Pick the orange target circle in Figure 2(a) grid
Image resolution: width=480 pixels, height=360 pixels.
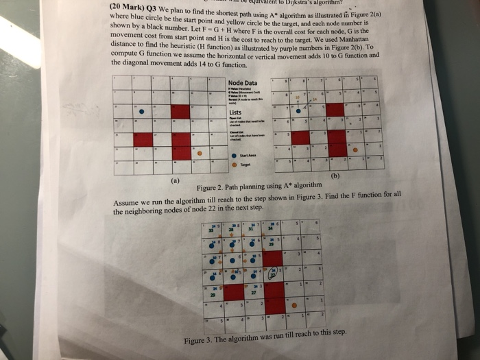pos(200,154)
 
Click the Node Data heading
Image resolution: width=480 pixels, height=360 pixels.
pos(243,84)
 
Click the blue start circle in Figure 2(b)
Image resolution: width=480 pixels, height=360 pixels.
pos(299,108)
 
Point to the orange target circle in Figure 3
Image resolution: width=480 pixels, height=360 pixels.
pos(295,304)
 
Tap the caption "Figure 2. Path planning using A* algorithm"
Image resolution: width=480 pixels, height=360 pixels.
pos(259,187)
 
